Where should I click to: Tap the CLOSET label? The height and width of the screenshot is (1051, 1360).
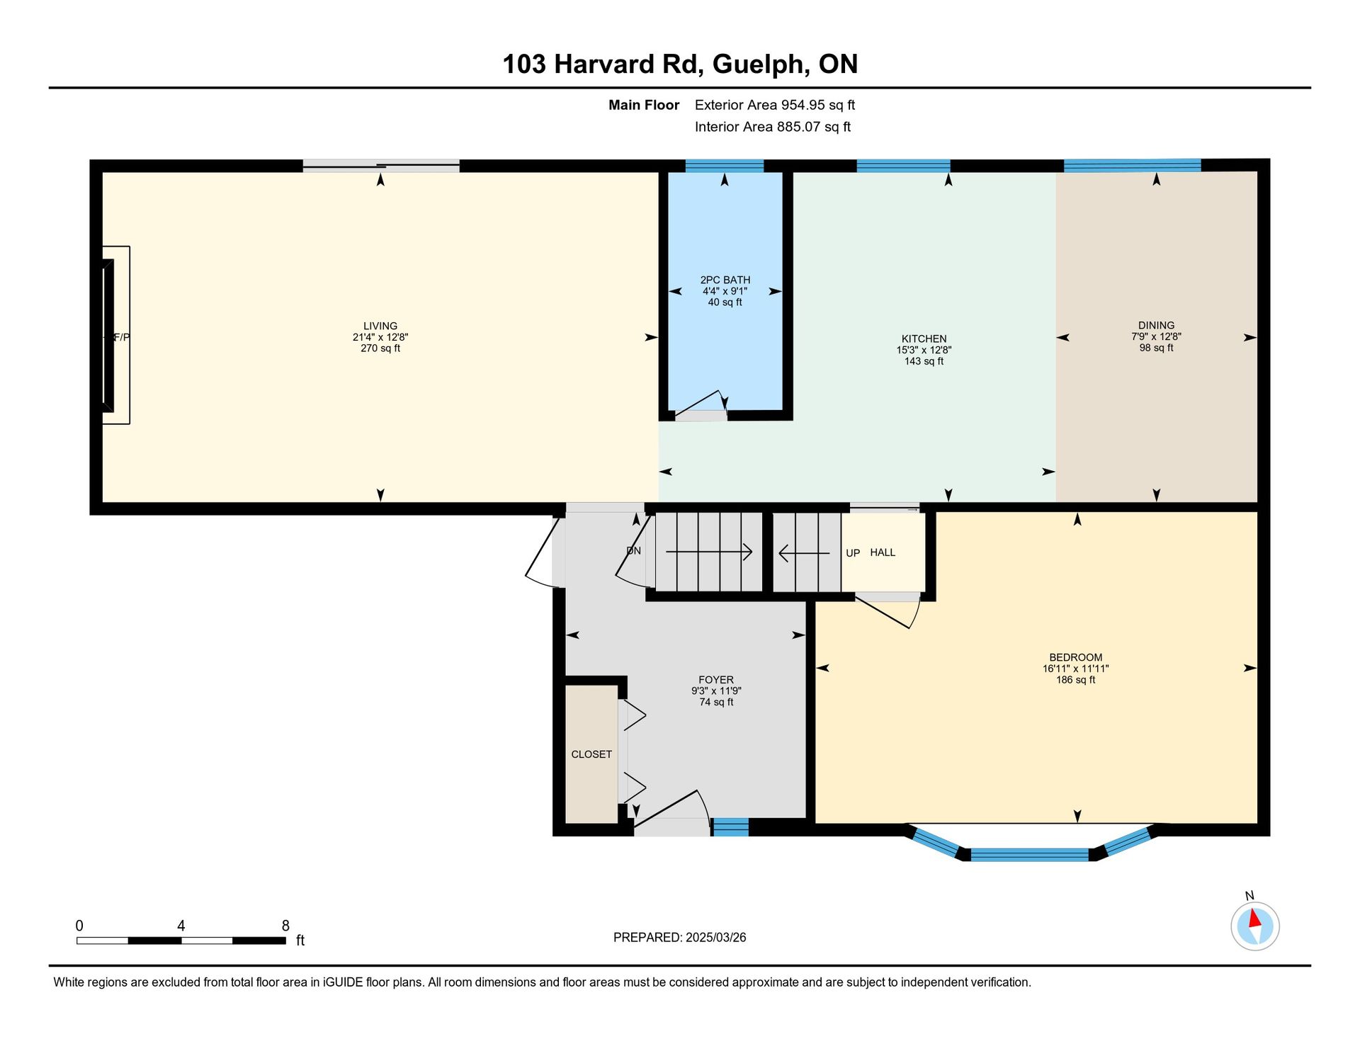click(591, 754)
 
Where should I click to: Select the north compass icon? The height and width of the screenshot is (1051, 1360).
click(1254, 925)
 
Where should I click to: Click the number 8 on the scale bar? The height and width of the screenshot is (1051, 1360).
click(285, 926)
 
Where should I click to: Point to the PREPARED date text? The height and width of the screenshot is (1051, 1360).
click(679, 937)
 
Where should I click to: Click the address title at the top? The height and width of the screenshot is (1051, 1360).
click(680, 64)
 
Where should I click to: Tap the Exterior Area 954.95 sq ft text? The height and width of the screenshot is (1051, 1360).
click(775, 105)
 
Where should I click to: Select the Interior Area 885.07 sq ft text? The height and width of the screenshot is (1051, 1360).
click(773, 127)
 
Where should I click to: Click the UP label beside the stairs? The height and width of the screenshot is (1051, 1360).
click(853, 553)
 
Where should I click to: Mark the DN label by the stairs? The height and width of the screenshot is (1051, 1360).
click(634, 550)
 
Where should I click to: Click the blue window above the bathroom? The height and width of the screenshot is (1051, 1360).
click(725, 166)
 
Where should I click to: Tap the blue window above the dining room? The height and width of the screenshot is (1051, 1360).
click(1132, 166)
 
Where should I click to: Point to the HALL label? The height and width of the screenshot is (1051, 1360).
click(883, 552)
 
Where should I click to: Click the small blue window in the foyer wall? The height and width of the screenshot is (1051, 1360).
click(730, 826)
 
